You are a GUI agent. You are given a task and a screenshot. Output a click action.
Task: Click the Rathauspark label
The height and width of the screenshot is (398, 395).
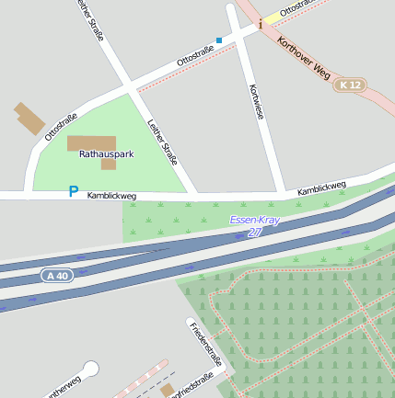[x=106, y=154]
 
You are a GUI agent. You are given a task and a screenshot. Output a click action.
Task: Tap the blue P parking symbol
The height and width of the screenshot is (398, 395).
[x=74, y=191]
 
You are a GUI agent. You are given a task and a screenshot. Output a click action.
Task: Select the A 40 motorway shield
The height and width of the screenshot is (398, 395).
[x=55, y=275]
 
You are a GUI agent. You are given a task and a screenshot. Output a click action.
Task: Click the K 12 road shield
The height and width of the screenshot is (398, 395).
[x=350, y=85]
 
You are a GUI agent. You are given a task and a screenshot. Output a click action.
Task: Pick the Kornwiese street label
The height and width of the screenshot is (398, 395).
[x=256, y=103]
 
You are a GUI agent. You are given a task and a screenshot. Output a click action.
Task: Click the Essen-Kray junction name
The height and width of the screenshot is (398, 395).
[x=253, y=221]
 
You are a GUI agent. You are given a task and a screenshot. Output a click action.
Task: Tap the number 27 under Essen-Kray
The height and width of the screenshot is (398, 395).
[x=254, y=233]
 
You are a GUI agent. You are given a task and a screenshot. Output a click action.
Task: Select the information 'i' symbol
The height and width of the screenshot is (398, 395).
[x=261, y=24]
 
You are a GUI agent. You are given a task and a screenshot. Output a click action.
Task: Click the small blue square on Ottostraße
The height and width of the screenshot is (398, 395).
[x=219, y=40]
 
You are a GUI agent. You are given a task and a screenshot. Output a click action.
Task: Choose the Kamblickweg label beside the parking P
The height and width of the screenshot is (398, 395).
[x=111, y=196]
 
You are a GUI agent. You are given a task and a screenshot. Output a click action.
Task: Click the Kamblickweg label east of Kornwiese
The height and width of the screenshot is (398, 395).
[x=321, y=188]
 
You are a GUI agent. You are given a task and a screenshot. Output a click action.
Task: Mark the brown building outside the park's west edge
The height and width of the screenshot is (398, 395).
[x=29, y=119]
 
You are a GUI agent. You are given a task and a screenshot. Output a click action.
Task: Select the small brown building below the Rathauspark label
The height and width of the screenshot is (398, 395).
[x=109, y=165]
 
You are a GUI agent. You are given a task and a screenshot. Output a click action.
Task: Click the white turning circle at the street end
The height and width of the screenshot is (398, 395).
[x=90, y=369]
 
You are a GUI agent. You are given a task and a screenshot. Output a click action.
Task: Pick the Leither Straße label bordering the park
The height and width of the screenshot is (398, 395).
[x=162, y=142]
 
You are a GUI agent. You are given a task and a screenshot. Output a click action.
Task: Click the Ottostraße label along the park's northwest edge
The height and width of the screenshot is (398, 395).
[x=61, y=127]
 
